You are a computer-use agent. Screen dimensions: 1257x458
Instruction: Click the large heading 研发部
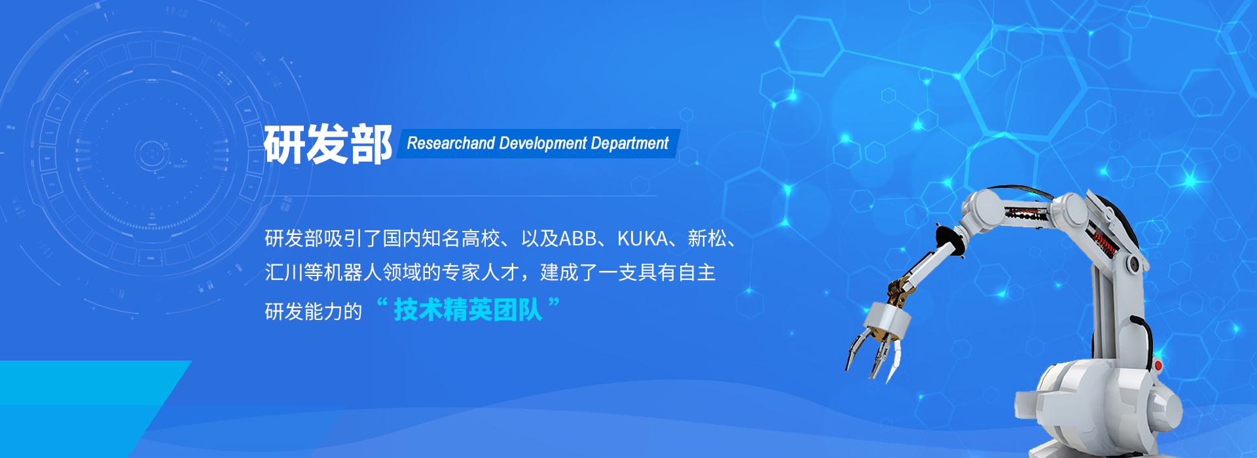[328, 144]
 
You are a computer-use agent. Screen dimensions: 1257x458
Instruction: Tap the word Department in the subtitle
[630, 144]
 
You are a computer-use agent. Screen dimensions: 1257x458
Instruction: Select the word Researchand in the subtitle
[451, 143]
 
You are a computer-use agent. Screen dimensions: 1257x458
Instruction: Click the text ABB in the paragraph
[578, 239]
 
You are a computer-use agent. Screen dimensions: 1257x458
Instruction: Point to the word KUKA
[642, 239]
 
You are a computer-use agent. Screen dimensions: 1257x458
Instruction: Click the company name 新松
[707, 239]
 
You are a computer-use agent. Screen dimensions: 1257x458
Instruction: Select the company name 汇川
[284, 272]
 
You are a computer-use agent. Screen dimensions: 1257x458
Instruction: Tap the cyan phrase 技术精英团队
[468, 310]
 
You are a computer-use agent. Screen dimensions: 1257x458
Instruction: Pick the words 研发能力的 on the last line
[314, 311]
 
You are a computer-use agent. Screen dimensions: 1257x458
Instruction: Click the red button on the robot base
[1157, 365]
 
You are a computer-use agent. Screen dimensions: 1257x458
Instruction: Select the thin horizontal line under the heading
[460, 196]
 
